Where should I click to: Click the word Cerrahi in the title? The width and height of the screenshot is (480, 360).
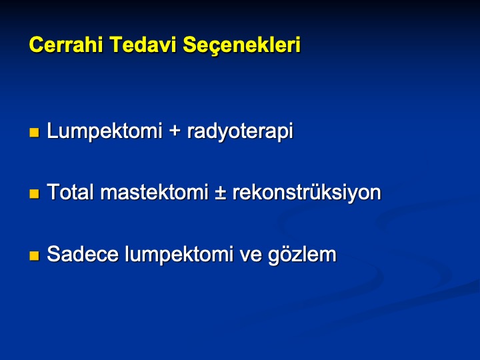(x=66, y=45)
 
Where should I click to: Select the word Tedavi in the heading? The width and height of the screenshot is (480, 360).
(x=143, y=45)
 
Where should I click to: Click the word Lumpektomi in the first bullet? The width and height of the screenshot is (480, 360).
(x=105, y=131)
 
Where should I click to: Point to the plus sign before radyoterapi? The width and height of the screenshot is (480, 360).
(x=175, y=132)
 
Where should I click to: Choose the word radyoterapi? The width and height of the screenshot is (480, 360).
(x=240, y=132)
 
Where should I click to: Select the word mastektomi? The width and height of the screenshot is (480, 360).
(x=154, y=192)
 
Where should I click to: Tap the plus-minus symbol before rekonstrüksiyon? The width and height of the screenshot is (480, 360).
(x=221, y=193)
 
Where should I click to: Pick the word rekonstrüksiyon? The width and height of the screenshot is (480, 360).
(x=307, y=193)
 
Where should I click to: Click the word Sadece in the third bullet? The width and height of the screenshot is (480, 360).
(x=83, y=254)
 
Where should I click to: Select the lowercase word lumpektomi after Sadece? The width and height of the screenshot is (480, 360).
(x=179, y=255)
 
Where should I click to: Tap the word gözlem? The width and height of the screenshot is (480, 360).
(x=302, y=255)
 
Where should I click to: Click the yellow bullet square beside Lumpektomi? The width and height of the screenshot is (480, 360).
(x=34, y=133)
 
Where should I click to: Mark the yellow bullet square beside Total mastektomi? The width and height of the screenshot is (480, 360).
(x=34, y=194)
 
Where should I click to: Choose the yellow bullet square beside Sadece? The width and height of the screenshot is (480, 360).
(x=34, y=255)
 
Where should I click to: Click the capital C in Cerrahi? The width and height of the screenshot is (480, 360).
(x=35, y=45)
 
